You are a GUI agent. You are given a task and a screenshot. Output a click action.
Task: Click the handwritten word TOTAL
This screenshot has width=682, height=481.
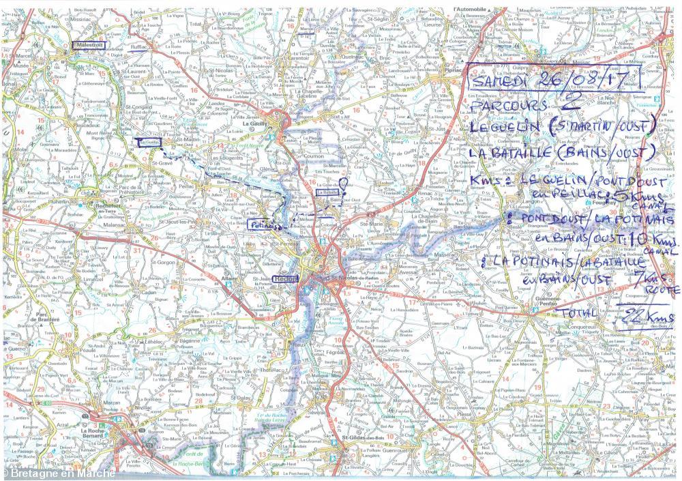click(x=577, y=313)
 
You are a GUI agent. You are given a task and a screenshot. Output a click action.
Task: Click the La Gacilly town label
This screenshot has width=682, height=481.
click(x=256, y=123)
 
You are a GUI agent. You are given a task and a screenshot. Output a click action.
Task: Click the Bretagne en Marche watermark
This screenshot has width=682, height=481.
click(x=57, y=473)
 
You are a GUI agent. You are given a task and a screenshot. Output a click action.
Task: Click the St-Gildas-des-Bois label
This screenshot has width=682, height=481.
click(x=364, y=437)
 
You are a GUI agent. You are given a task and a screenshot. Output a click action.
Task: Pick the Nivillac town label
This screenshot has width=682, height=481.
click(x=143, y=407)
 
